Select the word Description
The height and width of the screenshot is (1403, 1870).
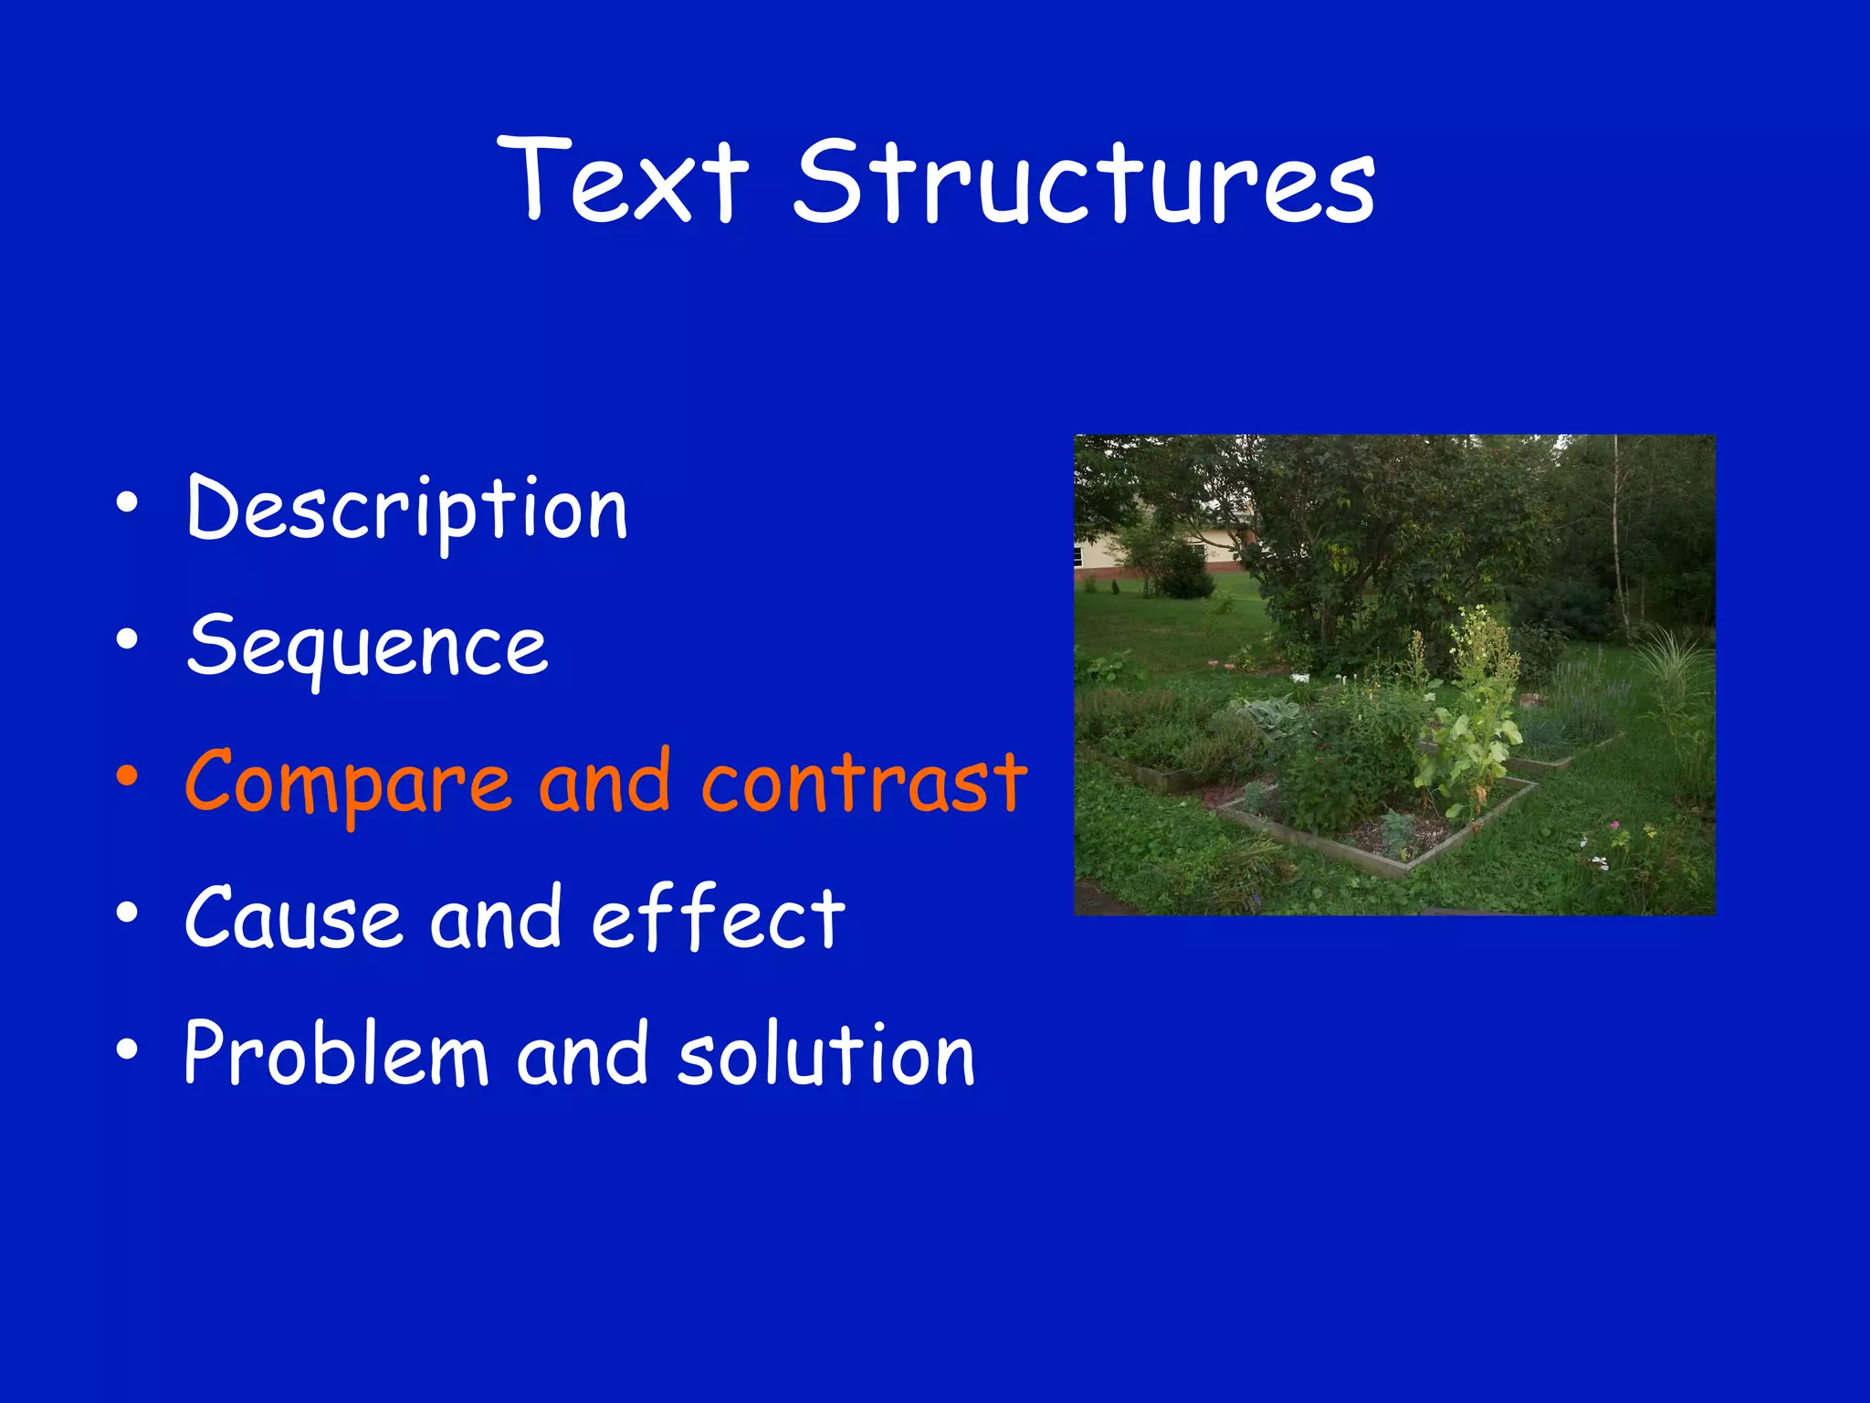point(407,510)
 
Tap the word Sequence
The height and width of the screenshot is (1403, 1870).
point(367,647)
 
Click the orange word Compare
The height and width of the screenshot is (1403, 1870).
point(348,782)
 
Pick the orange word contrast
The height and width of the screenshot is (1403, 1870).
point(864,782)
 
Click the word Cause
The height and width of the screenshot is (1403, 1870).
point(293,917)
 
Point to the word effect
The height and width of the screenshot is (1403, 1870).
point(719,917)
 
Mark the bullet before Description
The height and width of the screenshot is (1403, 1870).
point(127,503)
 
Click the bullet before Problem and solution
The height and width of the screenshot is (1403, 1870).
point(127,1050)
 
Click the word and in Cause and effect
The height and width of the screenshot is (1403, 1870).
point(496,917)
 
